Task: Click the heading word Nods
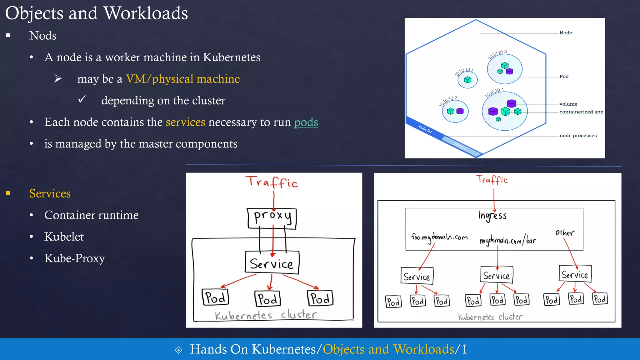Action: click(43, 36)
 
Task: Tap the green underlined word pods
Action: click(306, 122)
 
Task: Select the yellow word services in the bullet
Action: click(185, 122)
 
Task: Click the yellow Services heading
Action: click(50, 193)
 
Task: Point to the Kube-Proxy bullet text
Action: click(74, 258)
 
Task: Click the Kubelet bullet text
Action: click(64, 237)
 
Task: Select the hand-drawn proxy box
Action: click(272, 218)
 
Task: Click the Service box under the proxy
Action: click(272, 263)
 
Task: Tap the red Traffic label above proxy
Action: click(271, 182)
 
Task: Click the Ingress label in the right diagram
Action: click(492, 216)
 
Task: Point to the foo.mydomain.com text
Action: click(439, 237)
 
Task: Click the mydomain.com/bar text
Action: click(507, 240)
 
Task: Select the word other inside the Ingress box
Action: click(565, 233)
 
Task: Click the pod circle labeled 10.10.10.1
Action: click(467, 80)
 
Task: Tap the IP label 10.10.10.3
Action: click(497, 54)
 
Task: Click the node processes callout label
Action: click(578, 136)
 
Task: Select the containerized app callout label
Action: click(581, 112)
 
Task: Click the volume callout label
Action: click(568, 104)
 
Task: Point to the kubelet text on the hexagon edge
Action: click(425, 129)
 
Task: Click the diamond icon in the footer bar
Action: click(178, 350)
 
